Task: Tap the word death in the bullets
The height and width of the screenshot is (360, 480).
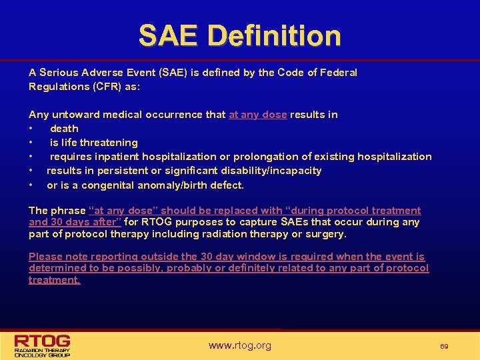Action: click(64, 129)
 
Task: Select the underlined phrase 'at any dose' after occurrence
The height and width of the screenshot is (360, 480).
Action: click(257, 115)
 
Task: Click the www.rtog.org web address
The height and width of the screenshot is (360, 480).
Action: click(239, 345)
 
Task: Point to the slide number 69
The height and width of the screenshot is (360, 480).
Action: click(445, 346)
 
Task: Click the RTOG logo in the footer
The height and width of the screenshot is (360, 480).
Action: click(43, 344)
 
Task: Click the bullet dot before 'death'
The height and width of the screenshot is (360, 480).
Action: click(31, 129)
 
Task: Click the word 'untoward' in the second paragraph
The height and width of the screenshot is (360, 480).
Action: click(71, 115)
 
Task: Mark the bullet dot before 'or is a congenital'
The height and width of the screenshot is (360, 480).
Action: click(31, 185)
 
